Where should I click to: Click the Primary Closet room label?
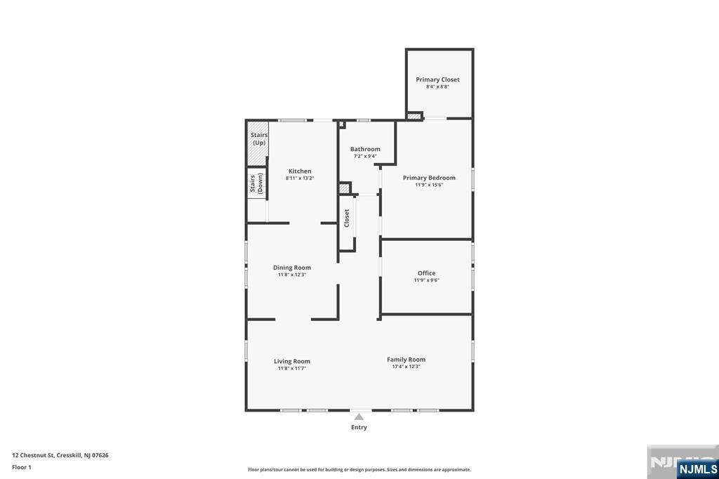437,79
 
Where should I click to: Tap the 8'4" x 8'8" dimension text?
437,87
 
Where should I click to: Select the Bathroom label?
365,149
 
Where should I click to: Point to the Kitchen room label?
300,171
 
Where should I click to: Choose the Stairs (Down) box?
256,183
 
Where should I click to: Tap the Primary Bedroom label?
429,178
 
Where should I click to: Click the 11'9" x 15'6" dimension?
429,185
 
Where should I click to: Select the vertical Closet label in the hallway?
346,218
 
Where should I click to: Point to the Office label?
426,273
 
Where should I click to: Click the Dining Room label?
291,268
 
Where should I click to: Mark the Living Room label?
291,361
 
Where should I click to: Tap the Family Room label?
406,360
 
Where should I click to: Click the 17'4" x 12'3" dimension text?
406,367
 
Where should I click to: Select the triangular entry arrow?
359,416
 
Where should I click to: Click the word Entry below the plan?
359,427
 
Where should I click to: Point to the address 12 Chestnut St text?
60,455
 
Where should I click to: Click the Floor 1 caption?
22,466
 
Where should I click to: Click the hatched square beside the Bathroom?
344,188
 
